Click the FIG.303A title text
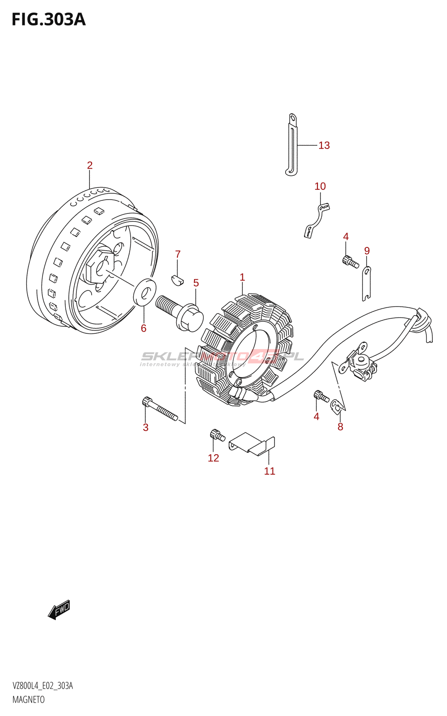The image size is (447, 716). tap(48, 20)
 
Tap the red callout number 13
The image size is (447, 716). tap(324, 145)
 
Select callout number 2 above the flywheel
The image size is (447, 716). tap(90, 165)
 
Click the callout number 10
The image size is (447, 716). tap(320, 186)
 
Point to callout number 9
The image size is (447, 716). tap(367, 251)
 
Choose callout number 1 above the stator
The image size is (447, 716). tap(242, 277)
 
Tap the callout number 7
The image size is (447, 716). tap(178, 254)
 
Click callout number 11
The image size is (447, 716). tap(270, 471)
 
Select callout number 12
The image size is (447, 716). tap(213, 458)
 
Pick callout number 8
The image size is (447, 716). tap(340, 427)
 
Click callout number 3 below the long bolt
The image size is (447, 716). tap(146, 427)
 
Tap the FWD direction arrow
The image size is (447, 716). tap(59, 609)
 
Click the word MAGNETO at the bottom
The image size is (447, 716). tap(29, 700)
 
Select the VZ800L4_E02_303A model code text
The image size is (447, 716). tap(43, 686)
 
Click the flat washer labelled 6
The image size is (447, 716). tap(145, 292)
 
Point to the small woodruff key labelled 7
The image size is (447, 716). tap(177, 280)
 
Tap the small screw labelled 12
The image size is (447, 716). tap(217, 435)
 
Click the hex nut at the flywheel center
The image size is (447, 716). tap(98, 267)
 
